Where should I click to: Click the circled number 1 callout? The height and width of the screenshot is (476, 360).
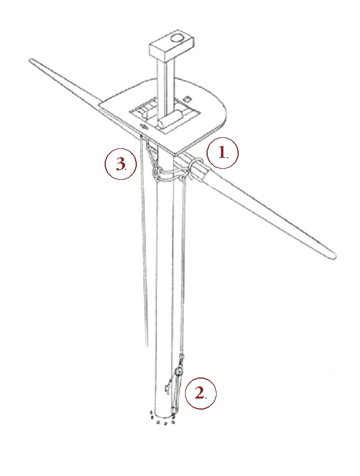point(223,153)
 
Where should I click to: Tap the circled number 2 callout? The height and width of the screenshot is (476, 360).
point(200,393)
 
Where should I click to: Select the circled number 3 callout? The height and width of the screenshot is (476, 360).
point(120,164)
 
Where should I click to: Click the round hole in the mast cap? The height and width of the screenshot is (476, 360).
point(176,38)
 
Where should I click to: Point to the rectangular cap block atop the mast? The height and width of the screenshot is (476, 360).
point(171,45)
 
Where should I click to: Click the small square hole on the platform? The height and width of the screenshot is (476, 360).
point(187,99)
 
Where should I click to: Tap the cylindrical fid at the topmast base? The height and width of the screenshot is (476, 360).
point(171,120)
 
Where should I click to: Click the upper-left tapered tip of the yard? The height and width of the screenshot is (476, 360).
point(30,60)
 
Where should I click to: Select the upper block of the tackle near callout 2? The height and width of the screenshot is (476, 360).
point(179,371)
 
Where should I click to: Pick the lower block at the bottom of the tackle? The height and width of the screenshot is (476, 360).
point(174,411)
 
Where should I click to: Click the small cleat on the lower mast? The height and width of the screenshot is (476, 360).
point(167,388)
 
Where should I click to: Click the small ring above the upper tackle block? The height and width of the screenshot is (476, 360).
point(182,356)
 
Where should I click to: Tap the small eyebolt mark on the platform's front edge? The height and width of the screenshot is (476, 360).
point(143,127)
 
